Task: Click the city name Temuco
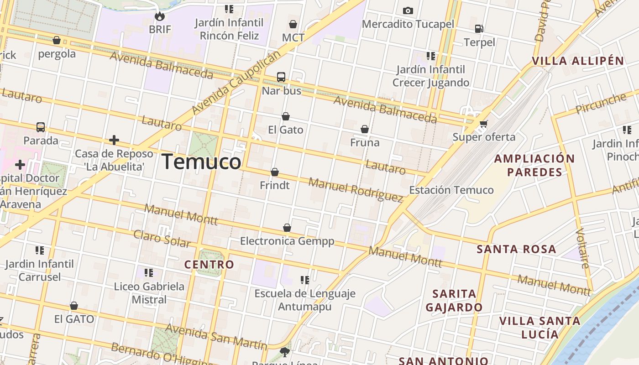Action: [x=201, y=162]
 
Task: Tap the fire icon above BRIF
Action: [x=159, y=16]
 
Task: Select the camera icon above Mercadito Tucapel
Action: [x=408, y=10]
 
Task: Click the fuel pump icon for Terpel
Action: [x=479, y=29]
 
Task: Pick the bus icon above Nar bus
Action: [x=281, y=77]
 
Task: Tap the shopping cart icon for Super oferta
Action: [x=483, y=124]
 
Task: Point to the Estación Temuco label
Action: [x=451, y=190]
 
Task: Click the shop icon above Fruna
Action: [x=364, y=130]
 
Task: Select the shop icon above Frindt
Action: [x=274, y=172]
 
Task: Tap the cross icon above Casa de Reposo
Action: [x=114, y=140]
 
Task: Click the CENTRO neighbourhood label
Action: [x=209, y=264]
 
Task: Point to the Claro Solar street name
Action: [x=162, y=239]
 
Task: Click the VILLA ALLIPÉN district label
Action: [x=578, y=61]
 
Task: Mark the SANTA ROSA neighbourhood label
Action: [x=516, y=249]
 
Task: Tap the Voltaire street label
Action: [x=583, y=248]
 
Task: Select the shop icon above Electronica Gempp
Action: [x=287, y=228]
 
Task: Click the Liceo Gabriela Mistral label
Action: [x=149, y=293]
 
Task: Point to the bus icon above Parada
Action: [x=41, y=127]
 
